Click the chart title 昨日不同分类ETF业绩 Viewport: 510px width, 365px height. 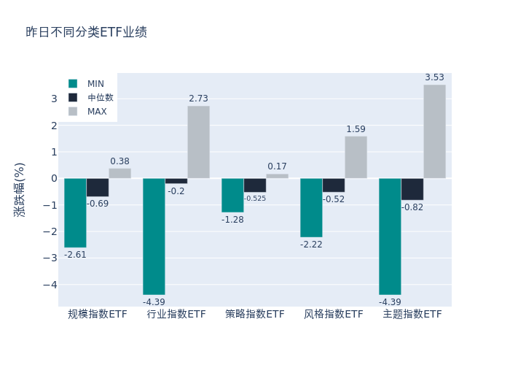[x=86, y=32]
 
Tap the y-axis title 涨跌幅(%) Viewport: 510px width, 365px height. [x=20, y=189]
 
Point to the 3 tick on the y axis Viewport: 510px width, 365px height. [x=53, y=99]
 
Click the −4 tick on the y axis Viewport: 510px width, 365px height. [x=50, y=285]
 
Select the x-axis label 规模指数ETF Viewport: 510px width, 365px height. [x=98, y=315]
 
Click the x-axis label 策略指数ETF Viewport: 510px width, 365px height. [x=255, y=315]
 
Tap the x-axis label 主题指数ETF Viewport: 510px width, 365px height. [x=412, y=315]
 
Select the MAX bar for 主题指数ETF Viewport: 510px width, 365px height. [x=434, y=131]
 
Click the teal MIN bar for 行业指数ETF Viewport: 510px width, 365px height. [x=154, y=236]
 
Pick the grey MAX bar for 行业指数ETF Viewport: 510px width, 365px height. [x=198, y=142]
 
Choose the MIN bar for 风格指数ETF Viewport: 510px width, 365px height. [x=311, y=207]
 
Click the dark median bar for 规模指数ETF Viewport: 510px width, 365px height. [x=98, y=187]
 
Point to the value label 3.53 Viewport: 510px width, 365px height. [x=434, y=77]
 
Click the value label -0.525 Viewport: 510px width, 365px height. [x=255, y=199]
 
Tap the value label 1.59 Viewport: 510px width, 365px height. [x=356, y=129]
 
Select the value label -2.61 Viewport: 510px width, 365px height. [x=75, y=255]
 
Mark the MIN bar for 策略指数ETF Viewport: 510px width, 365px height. [x=232, y=195]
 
